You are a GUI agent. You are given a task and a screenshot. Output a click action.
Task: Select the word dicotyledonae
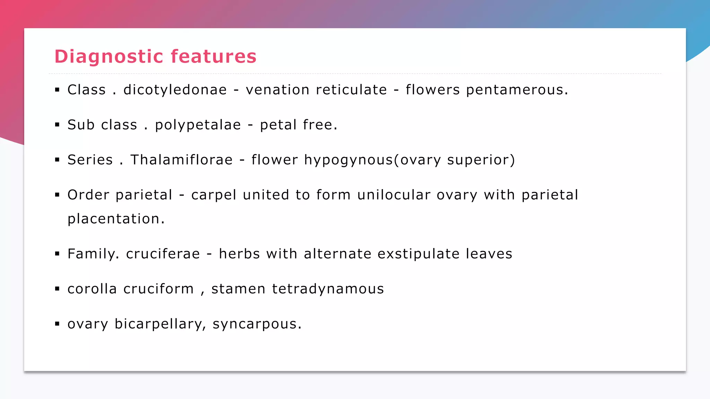point(175,90)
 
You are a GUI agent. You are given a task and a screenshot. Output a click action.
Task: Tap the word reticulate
point(351,90)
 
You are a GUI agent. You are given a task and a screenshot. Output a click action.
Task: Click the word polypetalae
point(198,125)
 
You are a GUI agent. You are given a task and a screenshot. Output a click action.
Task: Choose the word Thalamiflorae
point(181,160)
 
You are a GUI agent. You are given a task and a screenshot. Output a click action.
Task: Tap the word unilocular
point(394,195)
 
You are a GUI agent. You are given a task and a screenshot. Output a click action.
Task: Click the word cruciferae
point(163,254)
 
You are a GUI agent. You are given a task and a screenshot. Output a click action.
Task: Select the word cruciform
point(158,289)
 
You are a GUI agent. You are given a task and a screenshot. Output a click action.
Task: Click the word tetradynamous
point(328,289)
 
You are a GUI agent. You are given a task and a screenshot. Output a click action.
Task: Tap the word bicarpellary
point(158,324)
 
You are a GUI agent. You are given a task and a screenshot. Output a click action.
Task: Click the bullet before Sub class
point(57,125)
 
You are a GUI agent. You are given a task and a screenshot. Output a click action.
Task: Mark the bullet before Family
point(57,254)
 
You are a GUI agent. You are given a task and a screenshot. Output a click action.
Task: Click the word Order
point(88,195)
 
